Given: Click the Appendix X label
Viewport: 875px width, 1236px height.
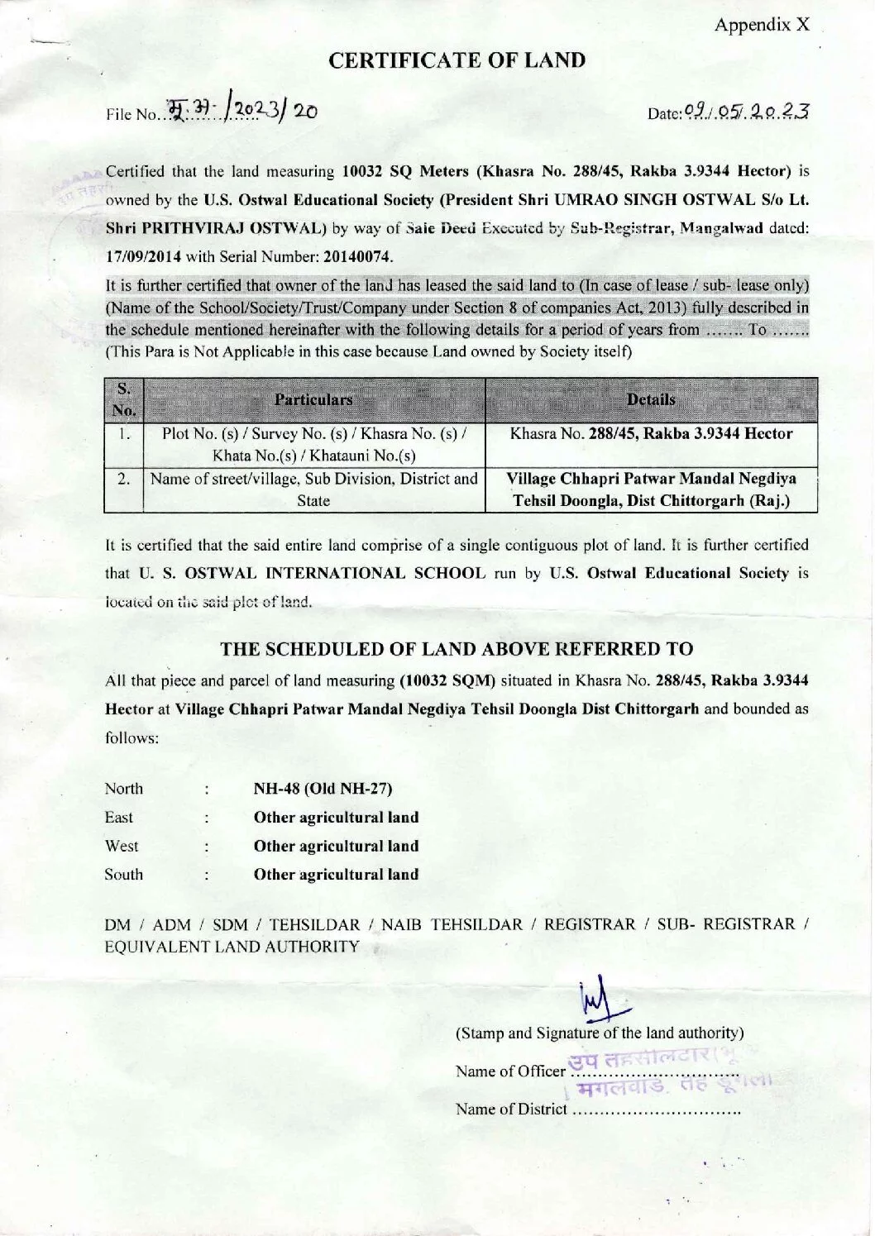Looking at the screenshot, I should click(x=762, y=25).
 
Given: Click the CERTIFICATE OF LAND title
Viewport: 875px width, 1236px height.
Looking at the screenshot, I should click(x=457, y=60).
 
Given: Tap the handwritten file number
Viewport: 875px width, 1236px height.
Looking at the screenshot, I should click(x=240, y=111).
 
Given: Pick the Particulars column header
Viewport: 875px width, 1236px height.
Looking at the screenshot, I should click(x=313, y=400).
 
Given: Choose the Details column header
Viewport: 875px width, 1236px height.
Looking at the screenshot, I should click(x=651, y=400).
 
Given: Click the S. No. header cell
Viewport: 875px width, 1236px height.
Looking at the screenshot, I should click(x=123, y=400).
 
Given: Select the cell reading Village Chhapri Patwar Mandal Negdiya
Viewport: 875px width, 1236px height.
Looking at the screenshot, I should click(x=651, y=479).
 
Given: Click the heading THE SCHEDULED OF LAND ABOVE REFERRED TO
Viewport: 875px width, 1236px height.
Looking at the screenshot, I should click(x=457, y=649).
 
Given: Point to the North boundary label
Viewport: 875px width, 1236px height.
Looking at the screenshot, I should click(x=124, y=789).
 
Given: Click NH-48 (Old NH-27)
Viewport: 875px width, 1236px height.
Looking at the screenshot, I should click(x=323, y=789).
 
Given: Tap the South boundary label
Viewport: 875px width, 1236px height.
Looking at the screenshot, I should click(x=124, y=874).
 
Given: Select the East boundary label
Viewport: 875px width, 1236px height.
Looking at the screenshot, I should click(x=119, y=818).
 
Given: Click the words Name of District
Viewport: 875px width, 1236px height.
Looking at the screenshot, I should click(x=511, y=1109).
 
